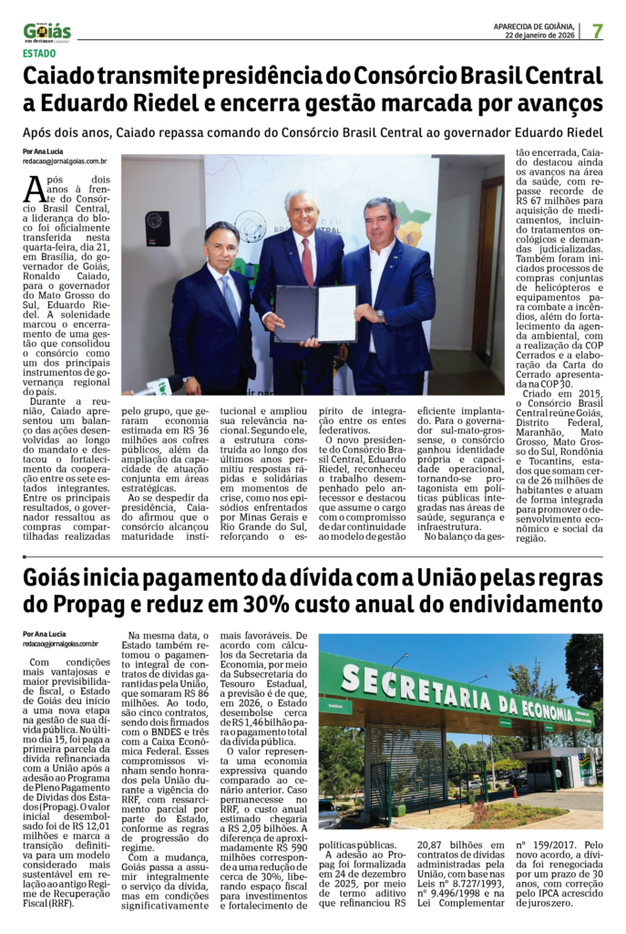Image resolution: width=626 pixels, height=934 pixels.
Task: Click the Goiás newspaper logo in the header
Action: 46,32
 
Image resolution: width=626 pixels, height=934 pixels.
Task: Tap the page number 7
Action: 597,31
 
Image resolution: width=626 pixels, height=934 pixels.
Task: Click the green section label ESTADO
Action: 39,54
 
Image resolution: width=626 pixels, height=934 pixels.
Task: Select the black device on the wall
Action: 158,228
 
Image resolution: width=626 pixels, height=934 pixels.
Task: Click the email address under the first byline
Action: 65,161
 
